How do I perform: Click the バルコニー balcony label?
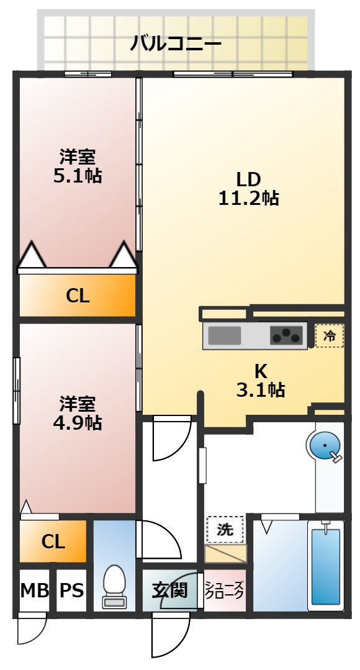coord(176,44)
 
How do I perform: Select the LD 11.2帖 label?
coord(248,189)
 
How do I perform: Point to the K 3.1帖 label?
coord(261,381)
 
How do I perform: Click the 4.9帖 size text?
coord(78,423)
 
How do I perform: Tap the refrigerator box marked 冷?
coord(329,336)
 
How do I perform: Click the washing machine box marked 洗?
coord(225,530)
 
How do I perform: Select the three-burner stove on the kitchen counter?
coord(286,335)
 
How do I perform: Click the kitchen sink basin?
coord(225,335)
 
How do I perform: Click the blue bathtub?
coord(326,565)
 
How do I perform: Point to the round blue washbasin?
coord(324,446)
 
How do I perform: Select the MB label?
coord(34,590)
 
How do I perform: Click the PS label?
coord(72,590)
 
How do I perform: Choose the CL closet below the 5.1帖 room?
coord(78,296)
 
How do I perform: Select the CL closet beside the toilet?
coord(53,541)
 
